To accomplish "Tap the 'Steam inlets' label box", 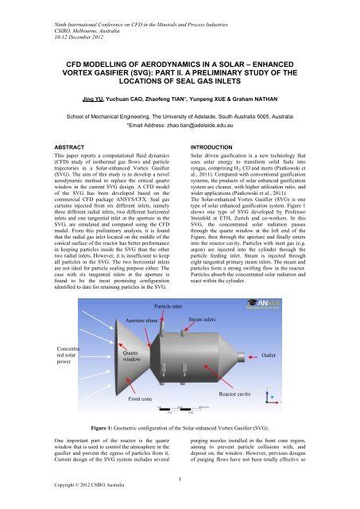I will tap(203, 319).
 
